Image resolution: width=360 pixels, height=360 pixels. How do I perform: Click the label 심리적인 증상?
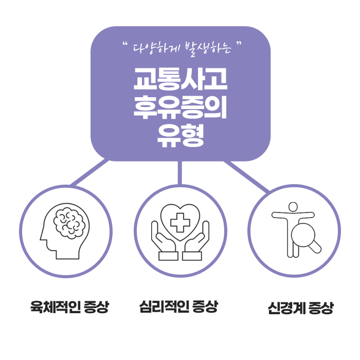coord(179,308)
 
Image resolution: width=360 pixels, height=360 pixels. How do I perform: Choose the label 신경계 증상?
coord(300,309)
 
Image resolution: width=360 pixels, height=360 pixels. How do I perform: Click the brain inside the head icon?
coord(69,223)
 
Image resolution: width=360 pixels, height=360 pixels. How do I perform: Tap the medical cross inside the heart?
coord(180,223)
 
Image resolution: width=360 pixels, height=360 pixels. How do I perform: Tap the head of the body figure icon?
coord(293,207)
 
